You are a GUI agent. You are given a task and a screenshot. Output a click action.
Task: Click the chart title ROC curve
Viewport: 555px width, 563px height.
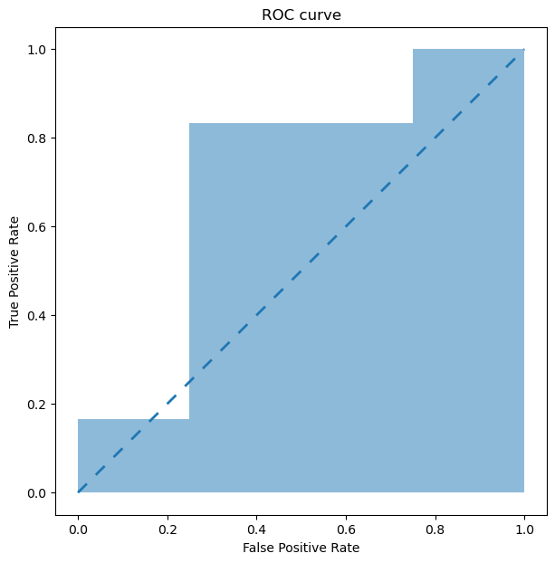(x=301, y=15)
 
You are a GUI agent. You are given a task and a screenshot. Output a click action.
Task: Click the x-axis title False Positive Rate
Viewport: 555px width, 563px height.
(x=301, y=548)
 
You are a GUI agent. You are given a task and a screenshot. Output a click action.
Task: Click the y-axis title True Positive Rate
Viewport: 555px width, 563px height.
(x=14, y=271)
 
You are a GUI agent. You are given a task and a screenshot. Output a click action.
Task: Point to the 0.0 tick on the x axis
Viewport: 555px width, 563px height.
(x=78, y=525)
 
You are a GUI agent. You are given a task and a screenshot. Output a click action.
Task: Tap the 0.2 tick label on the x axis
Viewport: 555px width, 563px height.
(x=167, y=525)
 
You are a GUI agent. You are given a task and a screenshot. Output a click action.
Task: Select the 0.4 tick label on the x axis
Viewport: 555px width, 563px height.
(x=256, y=525)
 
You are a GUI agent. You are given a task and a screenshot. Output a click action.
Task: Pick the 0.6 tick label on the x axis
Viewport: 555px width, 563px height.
(x=346, y=525)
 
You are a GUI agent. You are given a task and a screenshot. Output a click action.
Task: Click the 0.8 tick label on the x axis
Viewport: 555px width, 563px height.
(x=435, y=525)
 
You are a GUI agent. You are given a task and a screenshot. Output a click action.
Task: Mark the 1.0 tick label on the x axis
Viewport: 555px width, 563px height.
(x=524, y=525)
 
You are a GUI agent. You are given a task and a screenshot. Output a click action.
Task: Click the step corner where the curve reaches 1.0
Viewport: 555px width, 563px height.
(x=413, y=49)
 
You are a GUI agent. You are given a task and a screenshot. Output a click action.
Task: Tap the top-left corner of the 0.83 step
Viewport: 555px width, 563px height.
(x=189, y=123)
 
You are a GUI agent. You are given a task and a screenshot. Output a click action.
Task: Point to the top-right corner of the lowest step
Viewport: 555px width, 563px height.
(x=189, y=419)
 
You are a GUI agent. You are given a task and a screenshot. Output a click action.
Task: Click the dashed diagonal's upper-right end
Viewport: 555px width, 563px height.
(x=524, y=49)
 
